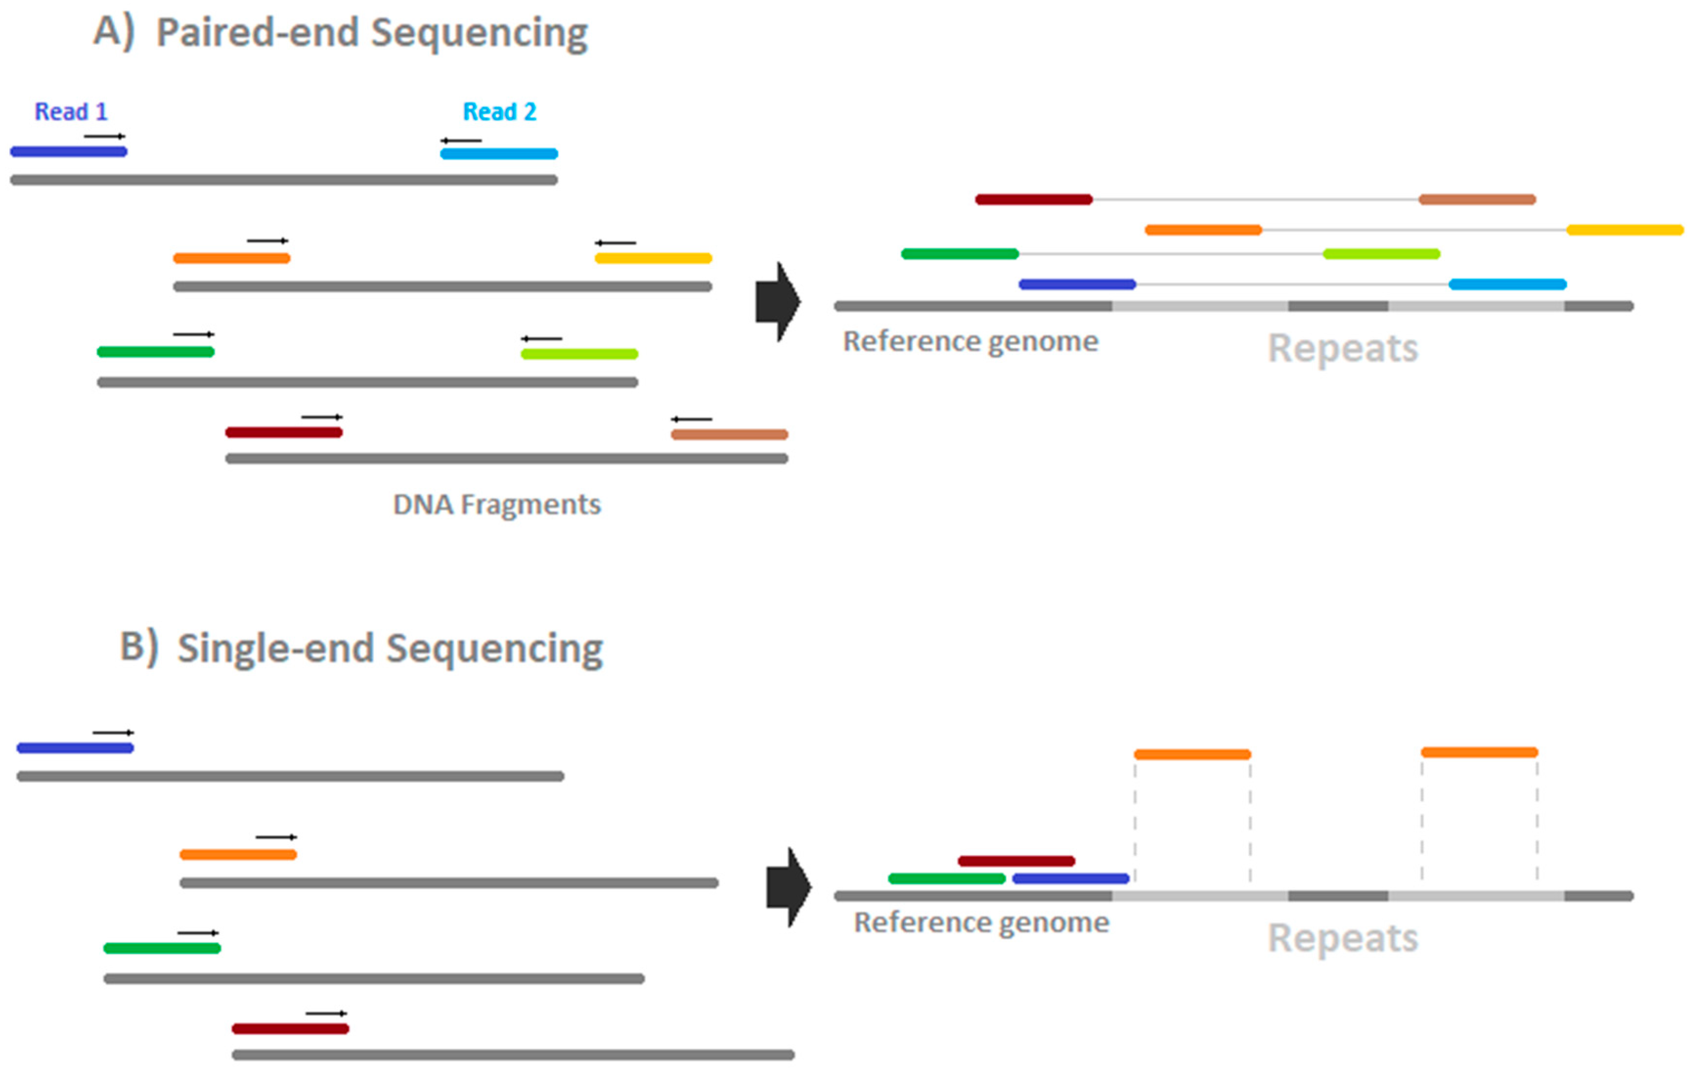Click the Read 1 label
pyautogui.click(x=71, y=111)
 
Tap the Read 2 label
pyautogui.click(x=500, y=111)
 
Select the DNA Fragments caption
pyautogui.click(x=497, y=504)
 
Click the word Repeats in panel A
pyautogui.click(x=1343, y=348)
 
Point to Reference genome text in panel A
pyautogui.click(x=971, y=342)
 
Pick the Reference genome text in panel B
pyautogui.click(x=981, y=922)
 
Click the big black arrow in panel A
pyautogui.click(x=777, y=302)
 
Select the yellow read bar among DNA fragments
pyautogui.click(x=653, y=258)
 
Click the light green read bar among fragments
pyautogui.click(x=579, y=353)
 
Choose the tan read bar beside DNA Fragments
pyautogui.click(x=729, y=434)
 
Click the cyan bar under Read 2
pyautogui.click(x=499, y=153)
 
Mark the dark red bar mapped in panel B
pyautogui.click(x=1016, y=861)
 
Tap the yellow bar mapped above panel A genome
pyautogui.click(x=1624, y=230)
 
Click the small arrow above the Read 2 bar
pyautogui.click(x=461, y=141)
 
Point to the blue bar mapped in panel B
pyautogui.click(x=1070, y=878)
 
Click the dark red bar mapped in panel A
pyautogui.click(x=1033, y=199)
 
